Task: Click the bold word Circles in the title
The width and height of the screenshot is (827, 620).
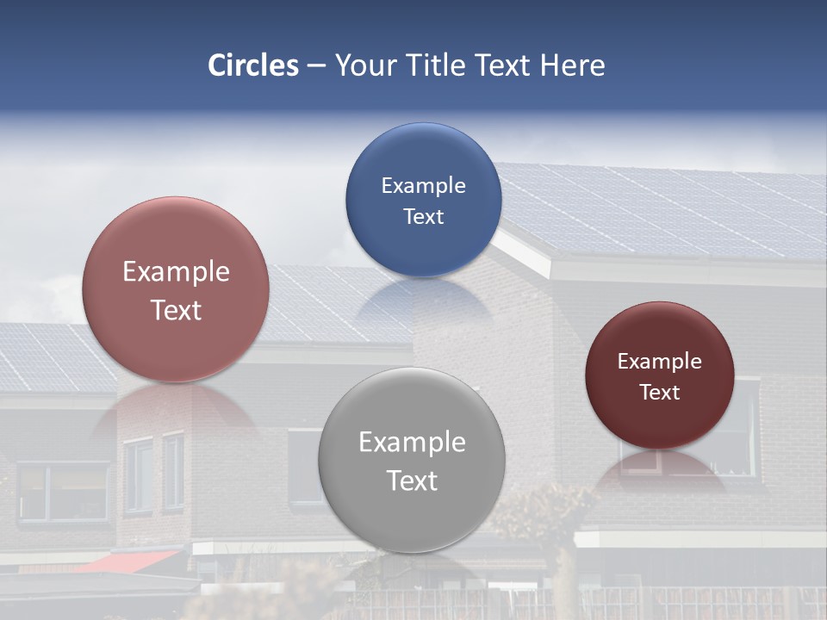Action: (x=253, y=65)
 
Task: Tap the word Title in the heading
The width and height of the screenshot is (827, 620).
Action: (x=436, y=65)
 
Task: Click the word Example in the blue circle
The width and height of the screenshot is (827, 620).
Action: (x=423, y=186)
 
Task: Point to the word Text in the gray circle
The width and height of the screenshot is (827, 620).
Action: (x=412, y=480)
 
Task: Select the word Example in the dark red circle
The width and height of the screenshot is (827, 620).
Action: (x=660, y=362)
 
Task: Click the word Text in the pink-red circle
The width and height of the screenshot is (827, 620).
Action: (x=176, y=310)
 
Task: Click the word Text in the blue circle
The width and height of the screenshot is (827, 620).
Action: (x=423, y=217)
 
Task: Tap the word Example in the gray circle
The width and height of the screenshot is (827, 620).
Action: (x=412, y=443)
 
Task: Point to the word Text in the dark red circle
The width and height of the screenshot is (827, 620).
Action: (x=660, y=393)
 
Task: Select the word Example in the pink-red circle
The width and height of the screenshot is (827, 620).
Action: (x=176, y=272)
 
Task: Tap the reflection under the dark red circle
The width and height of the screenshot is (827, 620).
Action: (x=660, y=470)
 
